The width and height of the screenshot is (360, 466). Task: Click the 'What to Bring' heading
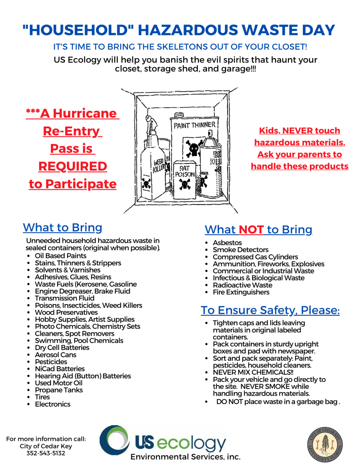63,228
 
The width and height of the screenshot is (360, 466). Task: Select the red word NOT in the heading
251,230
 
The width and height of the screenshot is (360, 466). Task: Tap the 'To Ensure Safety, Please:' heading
270,310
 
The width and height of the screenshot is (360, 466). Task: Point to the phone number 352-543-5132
46,453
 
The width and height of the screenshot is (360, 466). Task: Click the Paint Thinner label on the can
194,125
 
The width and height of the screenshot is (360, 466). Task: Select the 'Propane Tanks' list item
59,390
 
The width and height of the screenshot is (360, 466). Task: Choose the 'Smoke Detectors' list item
240,250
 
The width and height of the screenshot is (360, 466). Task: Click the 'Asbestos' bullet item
227,243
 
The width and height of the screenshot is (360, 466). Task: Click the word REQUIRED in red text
73,167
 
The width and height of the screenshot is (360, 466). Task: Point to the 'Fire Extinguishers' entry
241,292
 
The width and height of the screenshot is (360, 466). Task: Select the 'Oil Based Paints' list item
61,256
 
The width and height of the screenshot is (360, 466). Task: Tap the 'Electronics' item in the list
52,404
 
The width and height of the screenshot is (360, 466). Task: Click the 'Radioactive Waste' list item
242,285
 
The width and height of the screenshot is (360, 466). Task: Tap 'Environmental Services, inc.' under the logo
185,457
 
